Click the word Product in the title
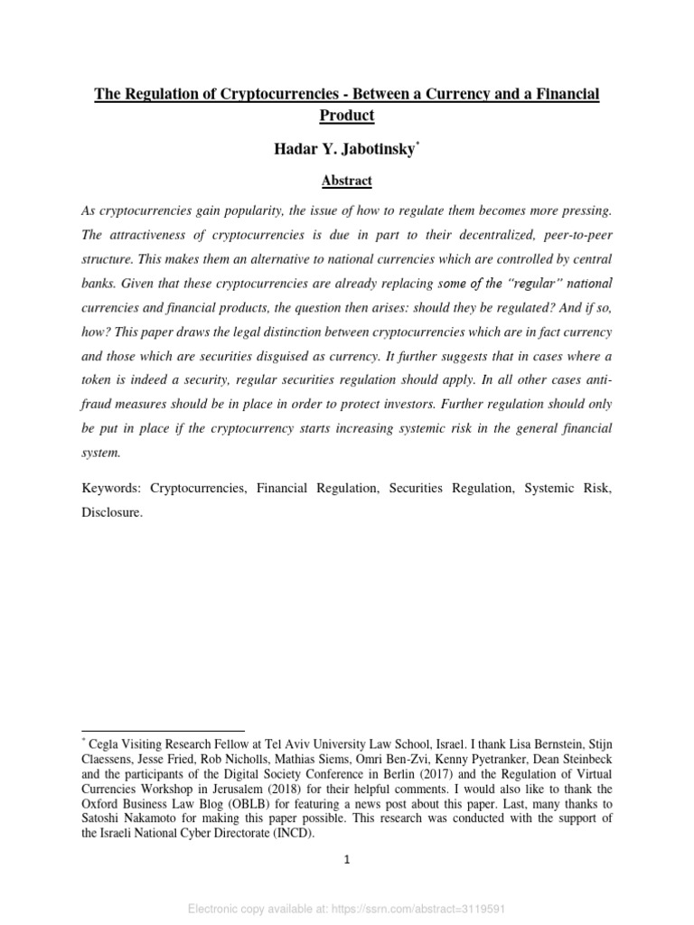tap(347, 115)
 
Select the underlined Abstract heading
tap(347, 181)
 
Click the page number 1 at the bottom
tap(347, 859)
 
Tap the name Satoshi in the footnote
tap(104, 818)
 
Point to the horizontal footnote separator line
tap(163, 730)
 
